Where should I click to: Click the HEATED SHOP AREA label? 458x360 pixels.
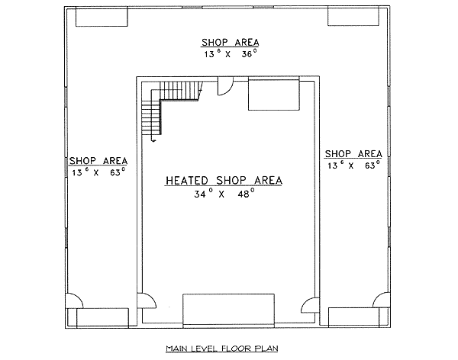pyautogui.click(x=224, y=181)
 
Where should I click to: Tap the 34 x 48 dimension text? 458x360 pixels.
pyautogui.click(x=224, y=193)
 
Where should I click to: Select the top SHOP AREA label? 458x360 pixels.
pyautogui.click(x=231, y=43)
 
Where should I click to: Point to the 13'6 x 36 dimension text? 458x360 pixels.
pyautogui.click(x=231, y=53)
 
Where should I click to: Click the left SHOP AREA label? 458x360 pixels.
pyautogui.click(x=98, y=161)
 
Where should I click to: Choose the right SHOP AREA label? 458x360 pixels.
pyautogui.click(x=353, y=153)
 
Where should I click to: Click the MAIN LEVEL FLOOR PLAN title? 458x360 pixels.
pyautogui.click(x=222, y=349)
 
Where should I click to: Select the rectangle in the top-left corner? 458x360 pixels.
pyautogui.click(x=102, y=17)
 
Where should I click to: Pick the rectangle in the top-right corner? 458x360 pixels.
pyautogui.click(x=353, y=17)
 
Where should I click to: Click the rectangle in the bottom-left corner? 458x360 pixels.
pyautogui.click(x=102, y=317)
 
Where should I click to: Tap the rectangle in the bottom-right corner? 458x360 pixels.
pyautogui.click(x=353, y=317)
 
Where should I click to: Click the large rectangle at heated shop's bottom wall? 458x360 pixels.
pyautogui.click(x=228, y=310)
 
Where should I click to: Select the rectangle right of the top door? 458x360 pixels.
pyautogui.click(x=274, y=93)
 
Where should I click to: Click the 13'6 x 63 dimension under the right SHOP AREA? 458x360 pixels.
pyautogui.click(x=353, y=166)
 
